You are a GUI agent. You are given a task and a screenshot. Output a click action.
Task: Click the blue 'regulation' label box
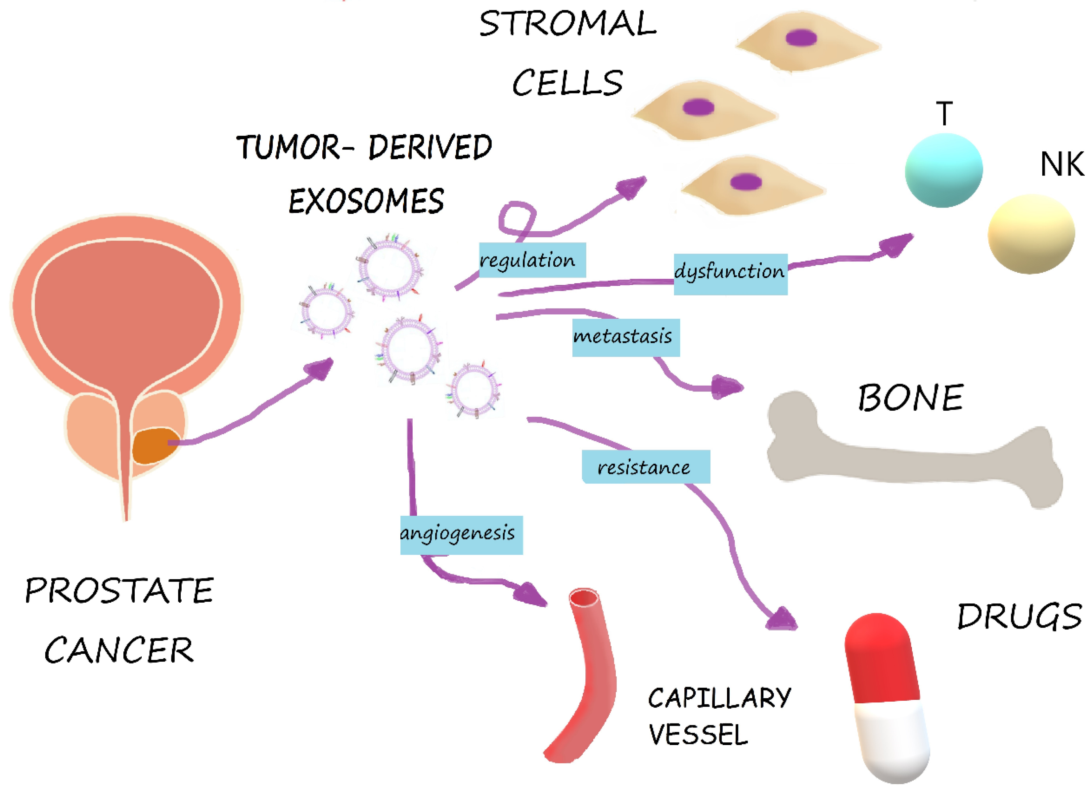[532, 260]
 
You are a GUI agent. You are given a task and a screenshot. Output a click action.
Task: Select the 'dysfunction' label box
[730, 274]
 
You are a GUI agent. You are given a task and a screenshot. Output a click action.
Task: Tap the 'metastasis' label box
[625, 337]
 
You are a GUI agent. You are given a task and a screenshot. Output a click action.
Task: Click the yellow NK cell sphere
[1031, 234]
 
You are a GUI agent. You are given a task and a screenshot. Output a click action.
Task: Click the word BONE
[910, 398]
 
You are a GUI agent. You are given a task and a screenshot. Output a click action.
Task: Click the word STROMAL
[568, 24]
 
